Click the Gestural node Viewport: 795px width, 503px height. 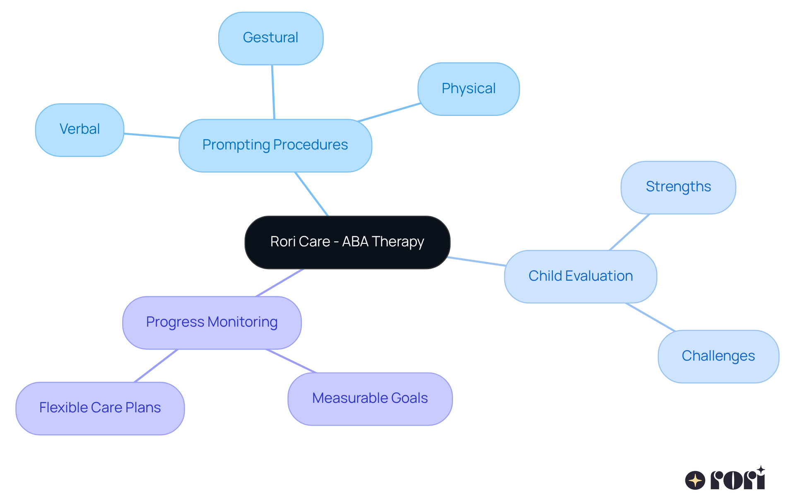271,38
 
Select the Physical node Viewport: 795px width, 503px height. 468,89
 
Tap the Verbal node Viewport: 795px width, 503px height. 79,130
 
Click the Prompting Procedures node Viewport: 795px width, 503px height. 275,145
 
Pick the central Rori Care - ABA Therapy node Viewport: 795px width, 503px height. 347,242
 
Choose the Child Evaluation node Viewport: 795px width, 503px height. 580,276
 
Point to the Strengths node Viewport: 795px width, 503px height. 678,187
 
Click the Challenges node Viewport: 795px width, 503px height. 718,356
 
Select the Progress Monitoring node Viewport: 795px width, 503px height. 212,322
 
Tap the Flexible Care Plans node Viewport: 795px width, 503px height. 100,408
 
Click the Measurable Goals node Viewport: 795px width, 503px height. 370,399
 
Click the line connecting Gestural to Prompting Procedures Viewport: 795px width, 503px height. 273,92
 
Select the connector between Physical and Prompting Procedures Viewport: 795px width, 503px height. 389,112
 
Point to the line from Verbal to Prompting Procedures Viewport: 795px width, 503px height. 152,136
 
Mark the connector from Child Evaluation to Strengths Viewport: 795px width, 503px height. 629,232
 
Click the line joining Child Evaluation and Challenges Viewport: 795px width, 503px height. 650,317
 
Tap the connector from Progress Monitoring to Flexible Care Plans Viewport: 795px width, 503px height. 156,366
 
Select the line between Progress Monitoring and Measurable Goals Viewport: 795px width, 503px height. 291,361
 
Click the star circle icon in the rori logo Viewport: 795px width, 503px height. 695,480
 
